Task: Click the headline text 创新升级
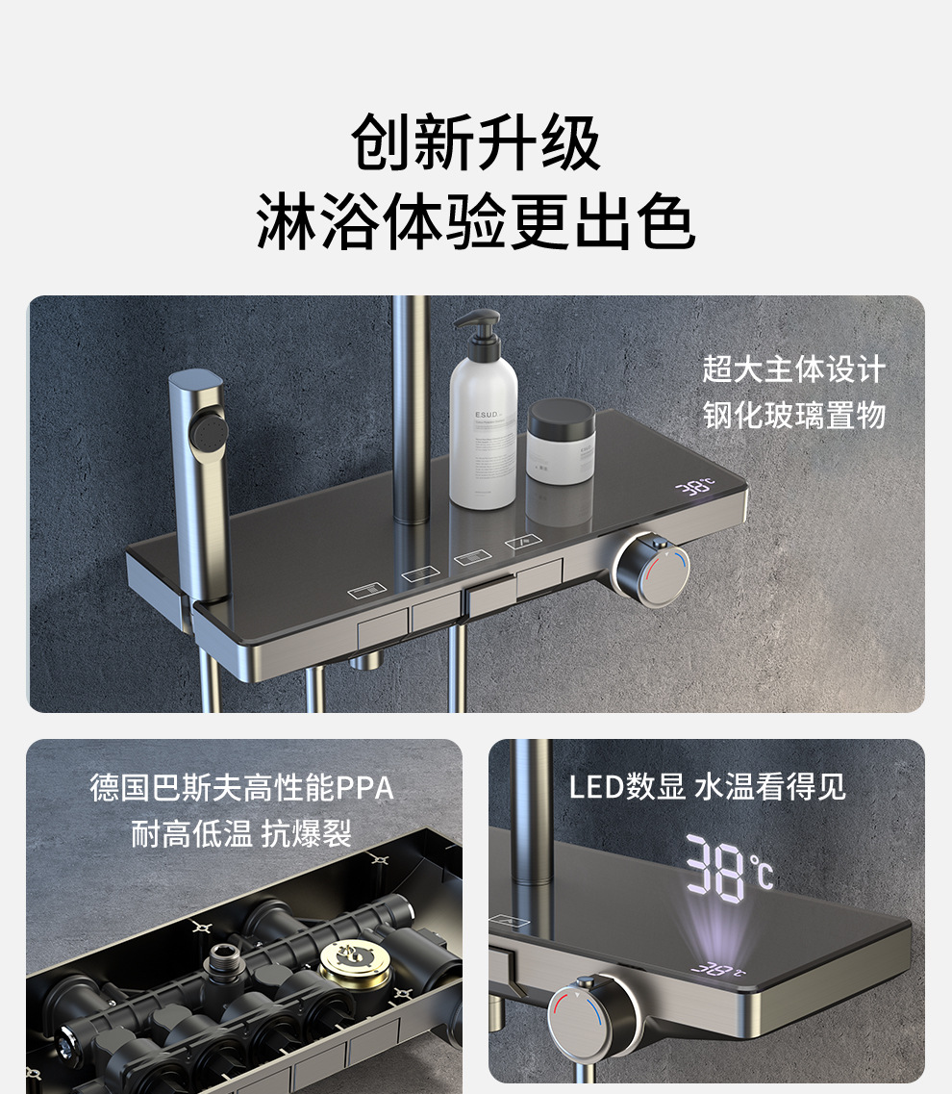tap(476, 143)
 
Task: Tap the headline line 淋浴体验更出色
tap(476, 221)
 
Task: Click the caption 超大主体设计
tap(794, 369)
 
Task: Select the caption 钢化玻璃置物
tap(794, 415)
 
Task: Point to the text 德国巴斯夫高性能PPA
tap(242, 788)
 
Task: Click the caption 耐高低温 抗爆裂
tap(241, 834)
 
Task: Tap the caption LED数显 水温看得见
tap(707, 787)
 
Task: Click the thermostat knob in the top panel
tap(651, 570)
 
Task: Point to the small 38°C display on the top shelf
tap(695, 486)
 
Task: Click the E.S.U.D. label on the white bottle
tap(487, 415)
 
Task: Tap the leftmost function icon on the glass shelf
tap(366, 591)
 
